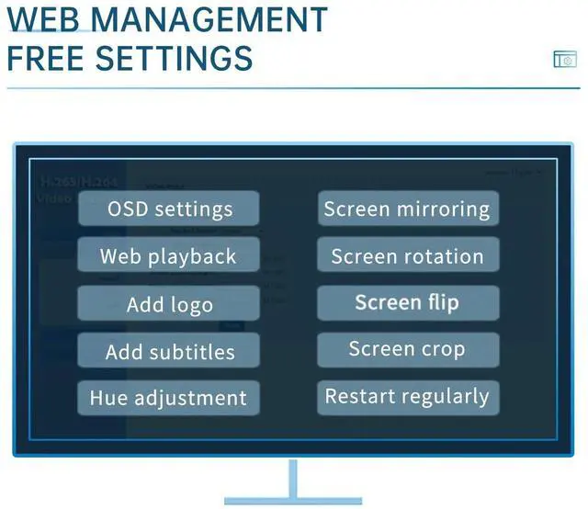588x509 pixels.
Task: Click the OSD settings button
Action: pyautogui.click(x=168, y=209)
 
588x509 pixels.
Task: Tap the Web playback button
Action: pyautogui.click(x=168, y=256)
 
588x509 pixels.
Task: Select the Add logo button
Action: pyautogui.click(x=168, y=304)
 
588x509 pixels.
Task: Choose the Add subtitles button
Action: pyautogui.click(x=168, y=351)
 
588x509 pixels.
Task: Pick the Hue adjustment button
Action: pyautogui.click(x=168, y=399)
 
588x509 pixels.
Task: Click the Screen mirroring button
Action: pyautogui.click(x=407, y=209)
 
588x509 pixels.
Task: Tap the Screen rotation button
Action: pyautogui.click(x=407, y=256)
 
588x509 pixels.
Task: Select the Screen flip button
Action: pyautogui.click(x=407, y=303)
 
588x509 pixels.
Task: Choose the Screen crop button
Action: pyautogui.click(x=407, y=349)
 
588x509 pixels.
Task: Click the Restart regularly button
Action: pyautogui.click(x=407, y=397)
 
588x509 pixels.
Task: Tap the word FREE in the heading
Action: pyautogui.click(x=46, y=58)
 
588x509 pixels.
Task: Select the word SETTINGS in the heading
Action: pyautogui.click(x=175, y=58)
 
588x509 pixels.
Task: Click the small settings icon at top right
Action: pyautogui.click(x=565, y=60)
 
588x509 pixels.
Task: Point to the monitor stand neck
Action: pyautogui.click(x=294, y=479)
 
